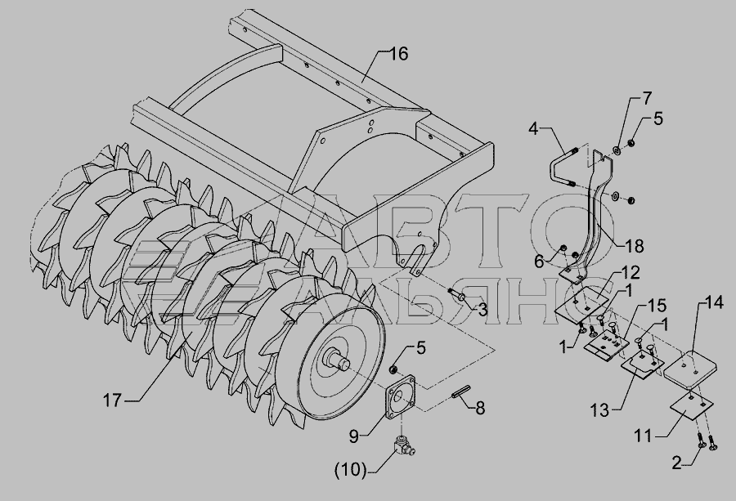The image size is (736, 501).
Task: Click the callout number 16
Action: click(397, 55)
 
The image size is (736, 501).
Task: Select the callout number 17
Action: click(112, 401)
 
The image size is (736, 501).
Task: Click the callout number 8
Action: click(480, 406)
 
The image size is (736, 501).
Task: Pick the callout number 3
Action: click(482, 310)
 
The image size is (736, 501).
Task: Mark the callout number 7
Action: click(646, 100)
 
